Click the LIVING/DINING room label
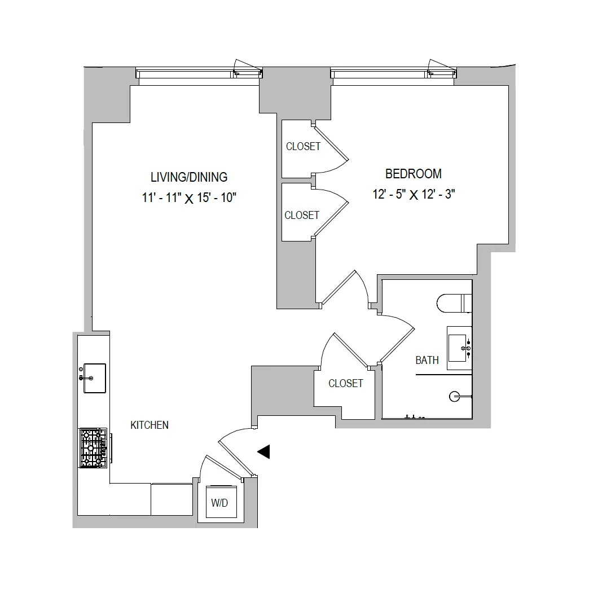[188, 177]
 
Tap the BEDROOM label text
[413, 174]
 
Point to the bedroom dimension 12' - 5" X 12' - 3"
[414, 195]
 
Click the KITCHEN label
[150, 425]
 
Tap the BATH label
[427, 360]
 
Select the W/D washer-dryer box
[220, 503]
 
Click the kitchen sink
[94, 377]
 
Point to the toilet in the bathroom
[453, 303]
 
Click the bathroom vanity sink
[458, 348]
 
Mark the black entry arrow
[263, 451]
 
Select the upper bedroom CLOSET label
[303, 146]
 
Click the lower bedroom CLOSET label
[302, 215]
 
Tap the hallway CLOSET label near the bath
[345, 383]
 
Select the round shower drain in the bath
[454, 397]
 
